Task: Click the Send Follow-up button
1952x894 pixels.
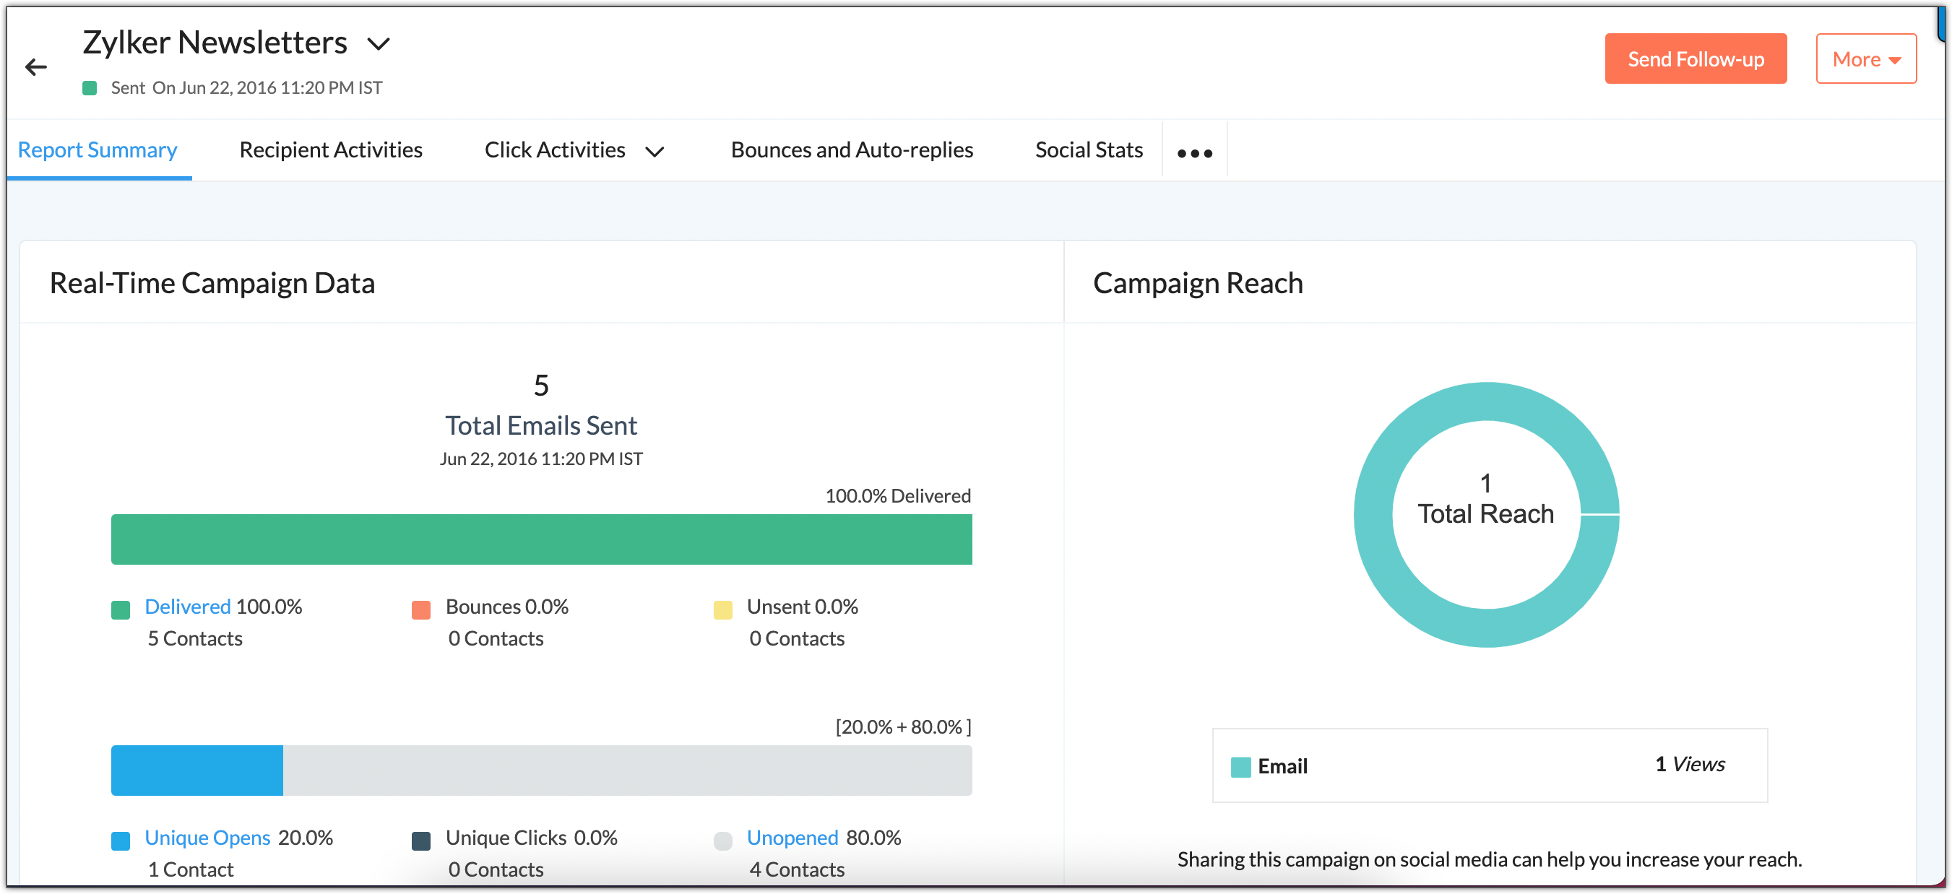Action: coord(1695,59)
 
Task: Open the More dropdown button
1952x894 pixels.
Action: coord(1865,59)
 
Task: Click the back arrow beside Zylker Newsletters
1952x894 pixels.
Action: coord(35,67)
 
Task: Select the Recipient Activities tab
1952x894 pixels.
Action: coord(330,150)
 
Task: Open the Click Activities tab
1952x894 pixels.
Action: coord(555,150)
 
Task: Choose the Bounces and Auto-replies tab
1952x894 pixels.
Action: coord(852,150)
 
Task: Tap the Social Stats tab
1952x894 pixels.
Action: coord(1088,150)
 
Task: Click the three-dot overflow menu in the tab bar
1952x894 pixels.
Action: coord(1194,153)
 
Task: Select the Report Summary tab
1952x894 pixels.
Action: coord(98,150)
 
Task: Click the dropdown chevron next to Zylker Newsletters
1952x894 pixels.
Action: coord(378,44)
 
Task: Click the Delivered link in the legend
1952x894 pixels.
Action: coord(187,607)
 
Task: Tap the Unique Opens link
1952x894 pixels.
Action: coord(207,838)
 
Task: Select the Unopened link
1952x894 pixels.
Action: coord(792,838)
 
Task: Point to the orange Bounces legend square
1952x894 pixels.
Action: coord(420,610)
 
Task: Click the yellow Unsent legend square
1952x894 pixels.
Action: coord(722,610)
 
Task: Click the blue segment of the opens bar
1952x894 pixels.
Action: coord(197,771)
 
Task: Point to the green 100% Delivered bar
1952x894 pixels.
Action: coord(541,539)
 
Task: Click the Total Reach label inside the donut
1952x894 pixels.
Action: coord(1485,514)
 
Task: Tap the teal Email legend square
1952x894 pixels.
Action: coord(1240,768)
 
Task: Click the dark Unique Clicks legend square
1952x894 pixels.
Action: coord(420,841)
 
